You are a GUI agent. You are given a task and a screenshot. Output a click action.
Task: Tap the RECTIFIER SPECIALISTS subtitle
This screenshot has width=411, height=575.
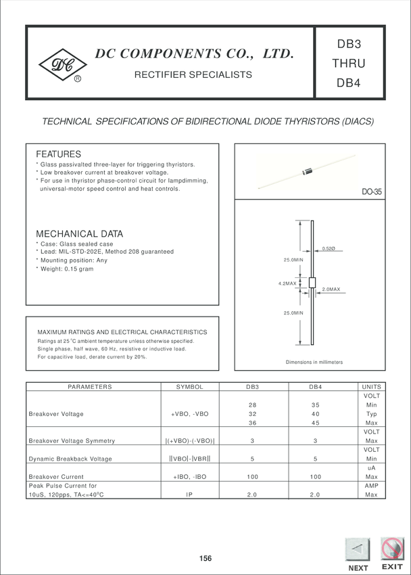click(x=193, y=74)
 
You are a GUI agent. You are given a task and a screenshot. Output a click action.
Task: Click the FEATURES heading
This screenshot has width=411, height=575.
click(x=58, y=154)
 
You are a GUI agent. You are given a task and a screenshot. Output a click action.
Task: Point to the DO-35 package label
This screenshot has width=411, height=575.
click(x=371, y=192)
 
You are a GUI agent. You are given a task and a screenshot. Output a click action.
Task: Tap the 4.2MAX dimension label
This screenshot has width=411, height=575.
click(x=288, y=283)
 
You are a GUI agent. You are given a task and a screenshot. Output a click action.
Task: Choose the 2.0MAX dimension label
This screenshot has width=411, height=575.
click(x=331, y=290)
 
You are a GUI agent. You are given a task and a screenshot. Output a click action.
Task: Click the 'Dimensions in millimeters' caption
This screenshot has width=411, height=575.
click(x=314, y=363)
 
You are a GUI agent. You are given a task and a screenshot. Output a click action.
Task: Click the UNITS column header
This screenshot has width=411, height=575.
click(x=372, y=387)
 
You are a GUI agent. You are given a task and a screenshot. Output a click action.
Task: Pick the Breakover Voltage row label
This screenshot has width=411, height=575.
click(x=56, y=413)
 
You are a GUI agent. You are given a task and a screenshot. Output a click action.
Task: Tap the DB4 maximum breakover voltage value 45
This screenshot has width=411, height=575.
click(x=314, y=422)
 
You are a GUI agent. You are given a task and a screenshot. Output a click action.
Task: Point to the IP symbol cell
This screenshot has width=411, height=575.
click(x=190, y=495)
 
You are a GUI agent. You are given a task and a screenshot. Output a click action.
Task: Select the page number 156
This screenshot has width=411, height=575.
click(x=205, y=559)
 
